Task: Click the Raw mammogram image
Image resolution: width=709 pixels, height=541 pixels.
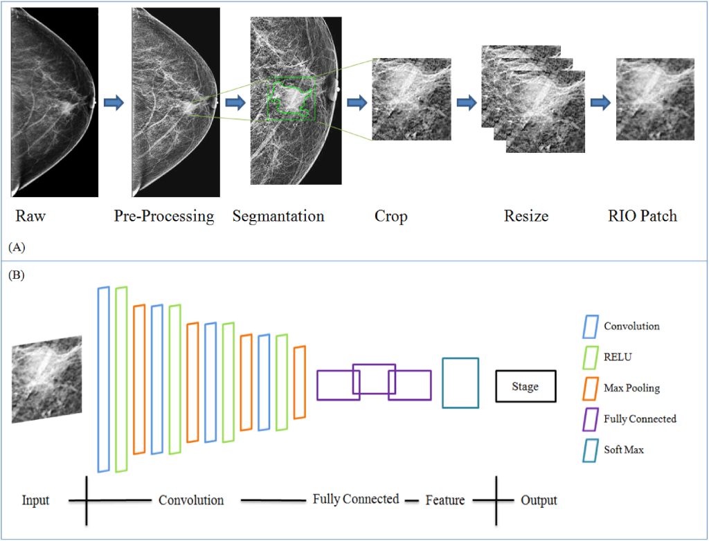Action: pyautogui.click(x=54, y=102)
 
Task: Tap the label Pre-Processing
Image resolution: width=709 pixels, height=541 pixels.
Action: pyautogui.click(x=164, y=216)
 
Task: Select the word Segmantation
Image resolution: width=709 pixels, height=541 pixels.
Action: pyautogui.click(x=278, y=216)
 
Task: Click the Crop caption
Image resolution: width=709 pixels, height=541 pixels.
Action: pyautogui.click(x=391, y=216)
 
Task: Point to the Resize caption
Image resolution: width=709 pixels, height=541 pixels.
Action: pyautogui.click(x=526, y=216)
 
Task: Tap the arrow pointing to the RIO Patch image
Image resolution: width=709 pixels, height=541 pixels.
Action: pyautogui.click(x=600, y=103)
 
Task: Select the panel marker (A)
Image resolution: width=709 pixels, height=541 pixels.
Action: pyautogui.click(x=17, y=246)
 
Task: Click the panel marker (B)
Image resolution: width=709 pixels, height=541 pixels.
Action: pyautogui.click(x=17, y=275)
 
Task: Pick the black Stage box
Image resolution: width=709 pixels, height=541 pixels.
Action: pyautogui.click(x=526, y=387)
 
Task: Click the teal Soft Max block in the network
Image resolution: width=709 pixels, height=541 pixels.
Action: pyautogui.click(x=460, y=383)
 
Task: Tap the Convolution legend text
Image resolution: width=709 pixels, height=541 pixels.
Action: pyautogui.click(x=631, y=326)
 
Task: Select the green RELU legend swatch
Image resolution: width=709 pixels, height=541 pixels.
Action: pyautogui.click(x=592, y=358)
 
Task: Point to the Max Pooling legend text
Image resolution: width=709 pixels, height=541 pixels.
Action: pyautogui.click(x=631, y=388)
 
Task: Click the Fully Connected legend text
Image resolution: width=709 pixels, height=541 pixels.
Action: pyautogui.click(x=640, y=419)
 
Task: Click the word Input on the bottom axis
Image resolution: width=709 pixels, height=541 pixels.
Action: pyautogui.click(x=35, y=500)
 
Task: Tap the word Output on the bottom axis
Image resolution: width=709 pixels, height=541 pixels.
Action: pyautogui.click(x=539, y=500)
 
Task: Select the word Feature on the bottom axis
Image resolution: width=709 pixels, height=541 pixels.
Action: pyautogui.click(x=445, y=499)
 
